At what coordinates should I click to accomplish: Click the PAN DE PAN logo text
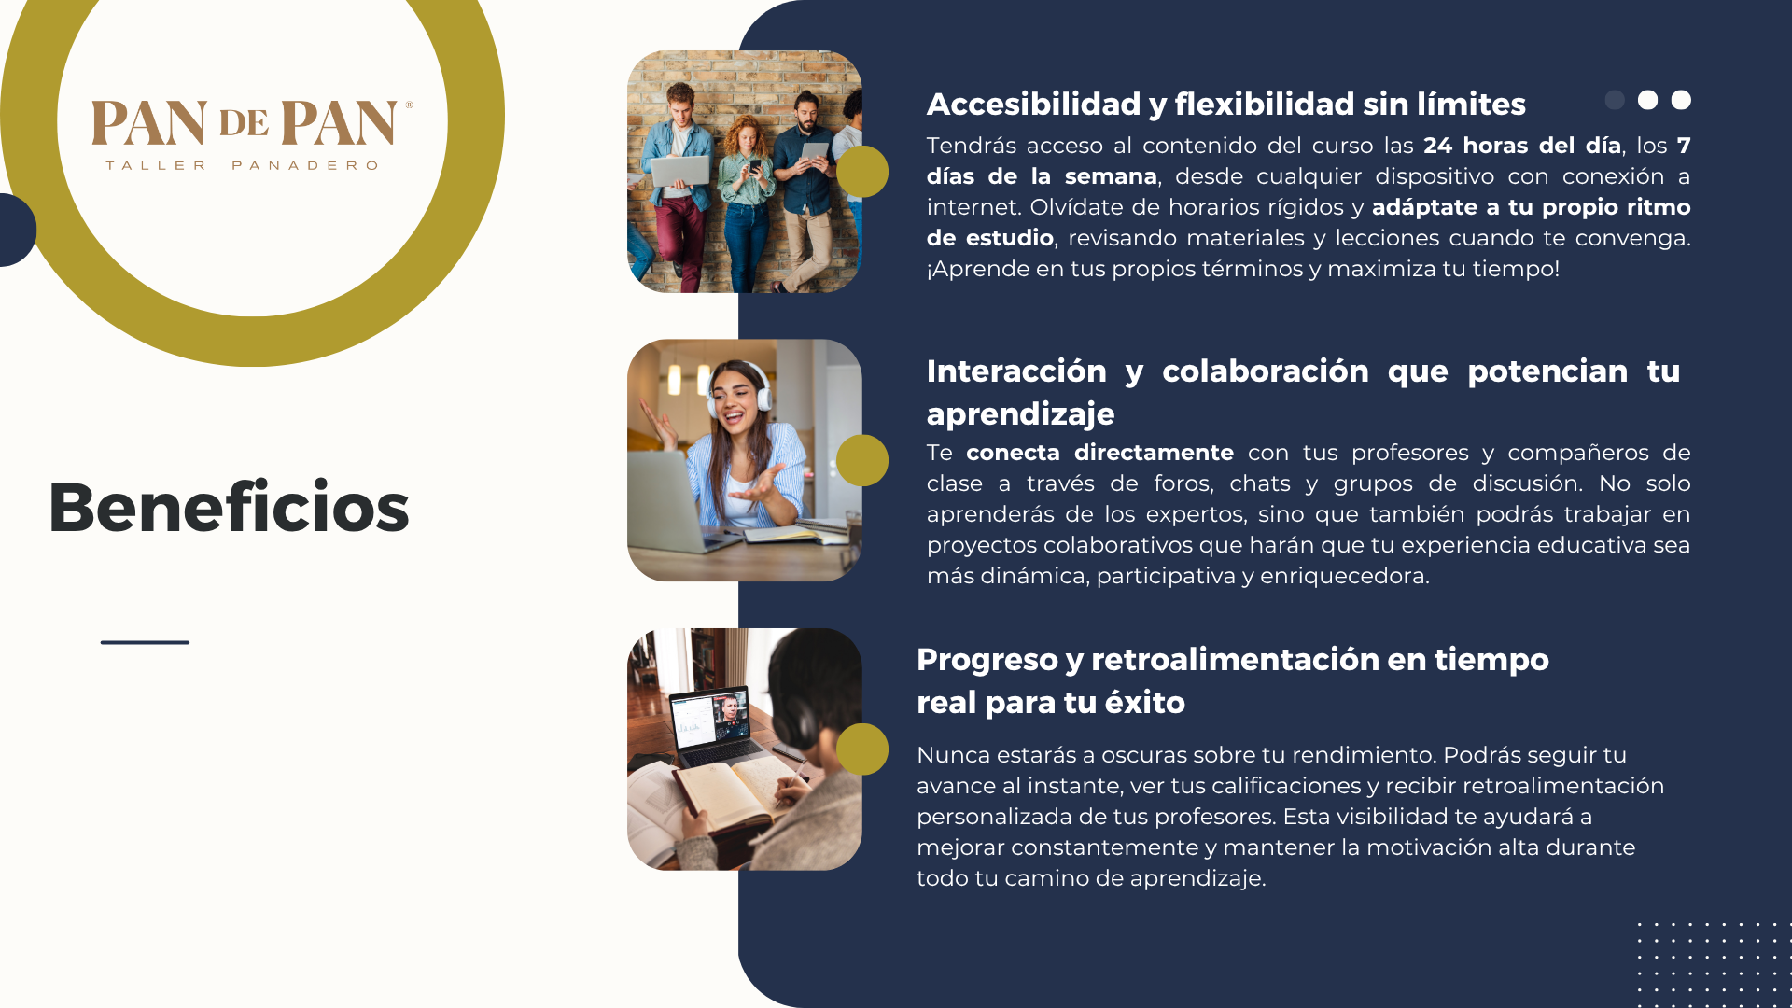click(250, 123)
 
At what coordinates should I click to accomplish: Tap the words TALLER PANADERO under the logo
click(242, 165)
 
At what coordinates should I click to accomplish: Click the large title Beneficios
click(229, 507)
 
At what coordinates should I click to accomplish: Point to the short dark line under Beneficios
click(145, 642)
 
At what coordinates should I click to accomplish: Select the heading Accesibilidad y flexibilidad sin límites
click(1225, 105)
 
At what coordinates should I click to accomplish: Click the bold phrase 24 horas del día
click(1521, 146)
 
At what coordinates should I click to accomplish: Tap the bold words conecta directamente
click(1099, 453)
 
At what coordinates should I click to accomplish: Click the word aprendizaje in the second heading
click(1020, 413)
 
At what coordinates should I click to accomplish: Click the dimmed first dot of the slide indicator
click(1615, 100)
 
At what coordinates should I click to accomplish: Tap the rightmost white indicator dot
click(1681, 100)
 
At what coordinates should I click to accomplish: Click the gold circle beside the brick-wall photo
click(861, 172)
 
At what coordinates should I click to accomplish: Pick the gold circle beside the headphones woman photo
click(861, 460)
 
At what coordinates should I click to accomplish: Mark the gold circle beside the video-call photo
click(861, 749)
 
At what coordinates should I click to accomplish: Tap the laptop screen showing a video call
click(711, 720)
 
